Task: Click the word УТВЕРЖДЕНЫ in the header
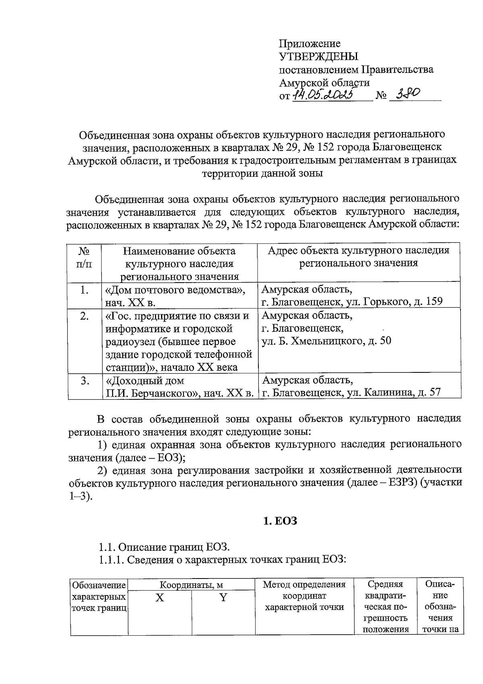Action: pyautogui.click(x=318, y=56)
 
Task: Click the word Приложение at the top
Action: pyautogui.click(x=310, y=43)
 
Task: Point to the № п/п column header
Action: pyautogui.click(x=84, y=258)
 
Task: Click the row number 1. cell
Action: pyautogui.click(x=84, y=290)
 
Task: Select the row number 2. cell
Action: pyautogui.click(x=84, y=316)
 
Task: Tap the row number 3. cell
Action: pyautogui.click(x=84, y=381)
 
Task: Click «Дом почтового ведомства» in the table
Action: pyautogui.click(x=175, y=290)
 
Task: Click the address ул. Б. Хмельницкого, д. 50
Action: pyautogui.click(x=326, y=341)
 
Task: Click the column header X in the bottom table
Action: pyautogui.click(x=160, y=597)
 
